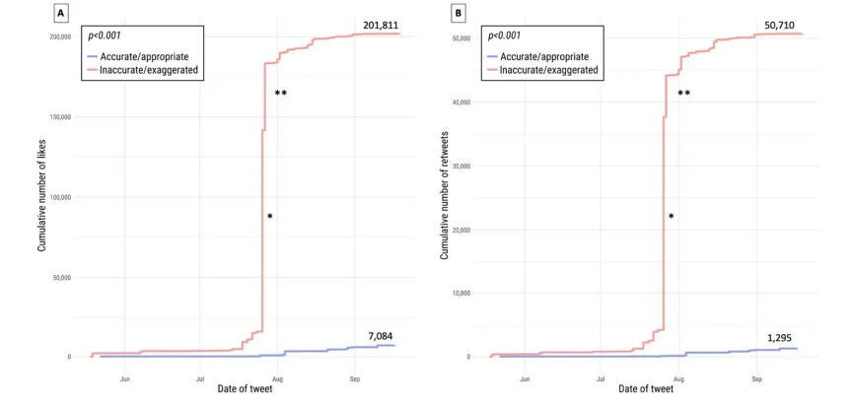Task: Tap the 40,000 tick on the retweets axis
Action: coord(463,102)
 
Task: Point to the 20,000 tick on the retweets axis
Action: coord(463,230)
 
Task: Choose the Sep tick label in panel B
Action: coord(756,378)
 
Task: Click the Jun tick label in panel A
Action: coord(125,378)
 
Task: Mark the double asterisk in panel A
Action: coord(280,94)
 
